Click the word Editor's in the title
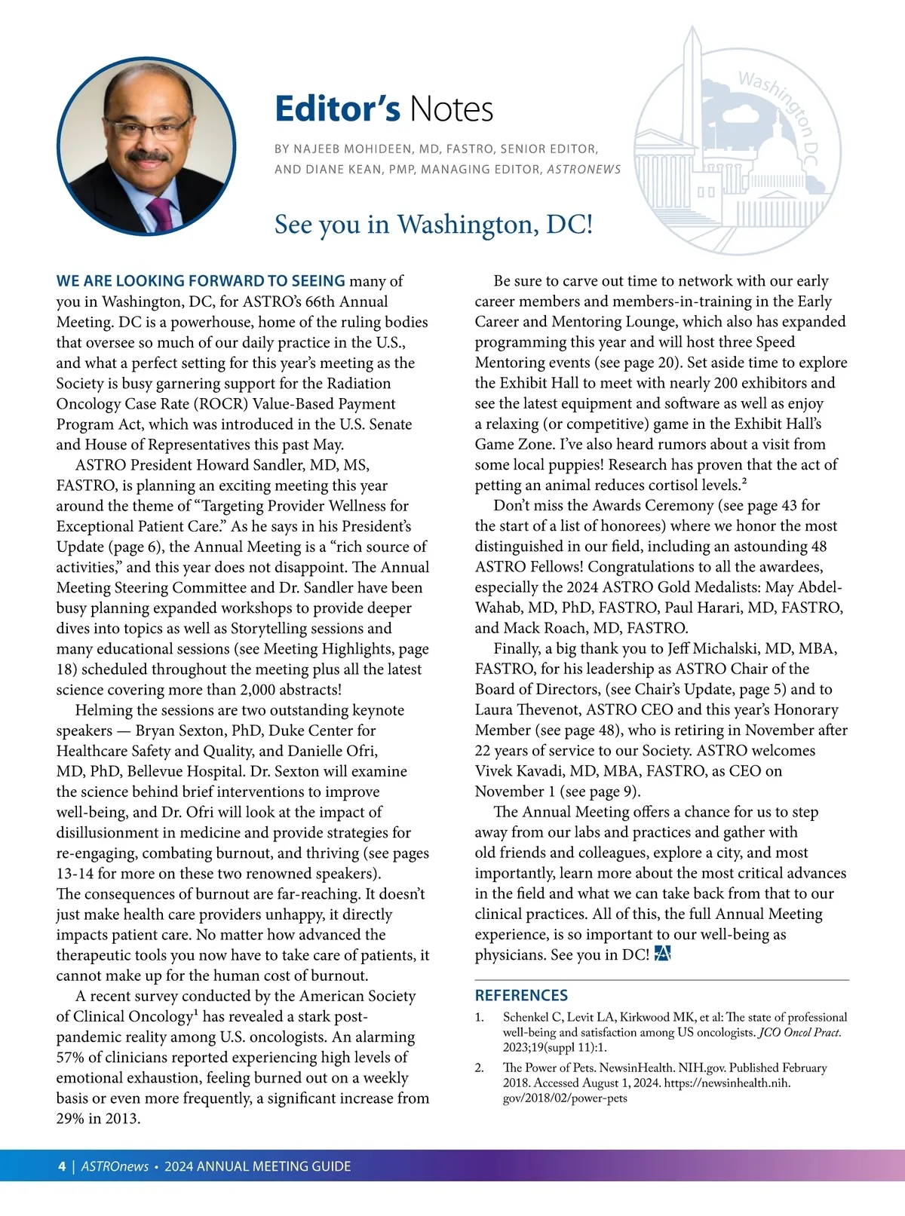tap(336, 109)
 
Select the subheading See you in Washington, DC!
tap(434, 225)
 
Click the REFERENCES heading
tap(521, 995)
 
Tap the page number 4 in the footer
tap(62, 1166)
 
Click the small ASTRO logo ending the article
tap(663, 954)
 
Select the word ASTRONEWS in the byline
tap(584, 170)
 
